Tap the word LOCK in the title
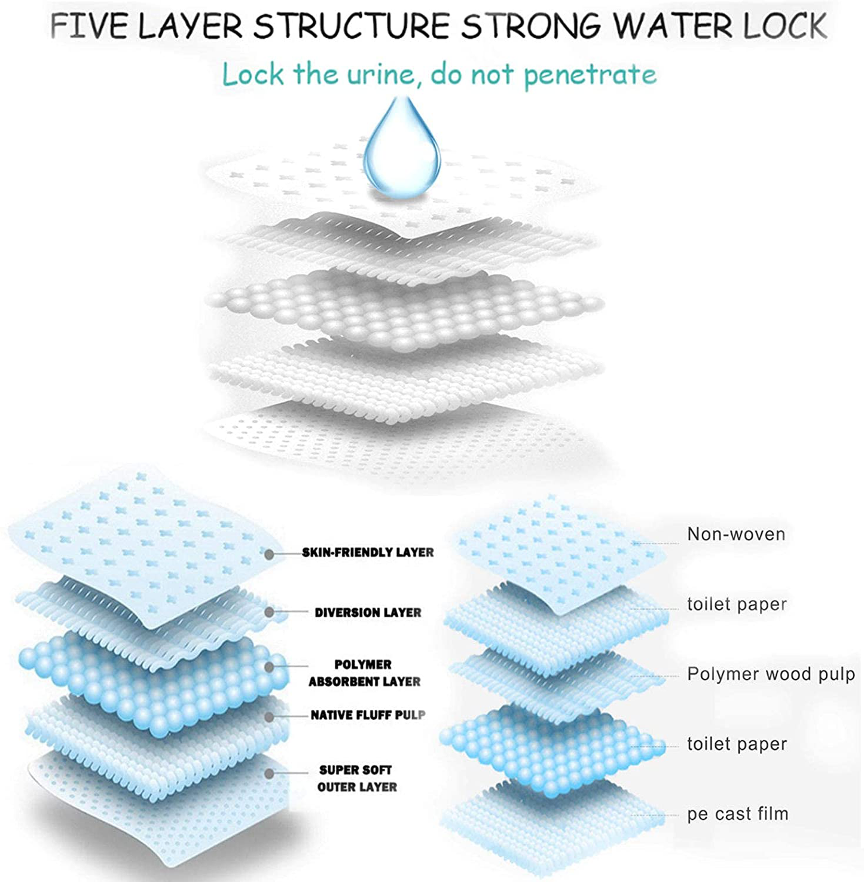(785, 26)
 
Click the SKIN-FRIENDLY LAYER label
(368, 552)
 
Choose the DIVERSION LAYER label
(368, 612)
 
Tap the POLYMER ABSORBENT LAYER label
(364, 673)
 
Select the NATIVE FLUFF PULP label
(368, 715)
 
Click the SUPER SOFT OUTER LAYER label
(357, 778)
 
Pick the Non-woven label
(736, 534)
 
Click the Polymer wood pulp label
(771, 675)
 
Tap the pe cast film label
(738, 814)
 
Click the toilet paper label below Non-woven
(737, 605)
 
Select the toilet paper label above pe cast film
(737, 744)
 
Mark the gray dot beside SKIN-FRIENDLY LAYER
(270, 554)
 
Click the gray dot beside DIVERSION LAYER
(270, 612)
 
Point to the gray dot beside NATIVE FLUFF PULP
(270, 716)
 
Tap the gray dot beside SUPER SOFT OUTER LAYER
(270, 774)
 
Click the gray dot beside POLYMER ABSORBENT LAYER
(270, 666)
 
